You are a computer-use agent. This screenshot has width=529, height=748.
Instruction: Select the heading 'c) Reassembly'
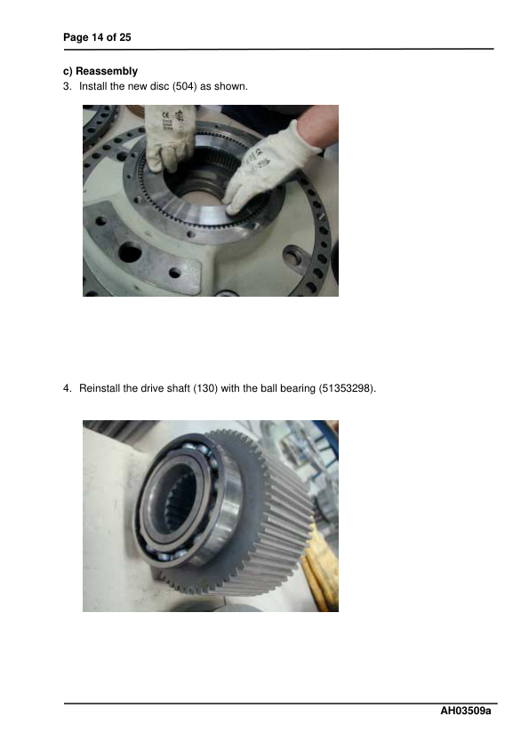tap(100, 70)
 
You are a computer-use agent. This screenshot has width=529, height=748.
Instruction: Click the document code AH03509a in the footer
tap(466, 712)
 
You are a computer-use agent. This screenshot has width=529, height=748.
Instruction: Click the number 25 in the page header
tap(126, 36)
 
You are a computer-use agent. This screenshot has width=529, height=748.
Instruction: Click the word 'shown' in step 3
tap(231, 87)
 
